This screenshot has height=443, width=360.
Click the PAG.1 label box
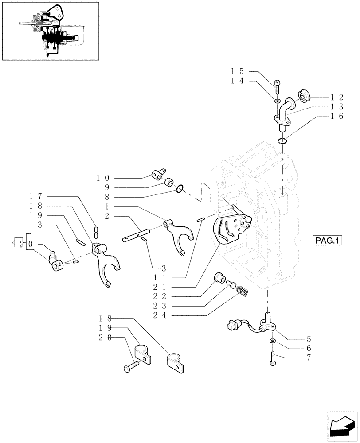click(x=328, y=241)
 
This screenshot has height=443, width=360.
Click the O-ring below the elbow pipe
click(x=282, y=141)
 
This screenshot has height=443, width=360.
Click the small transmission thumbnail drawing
click(x=50, y=31)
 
